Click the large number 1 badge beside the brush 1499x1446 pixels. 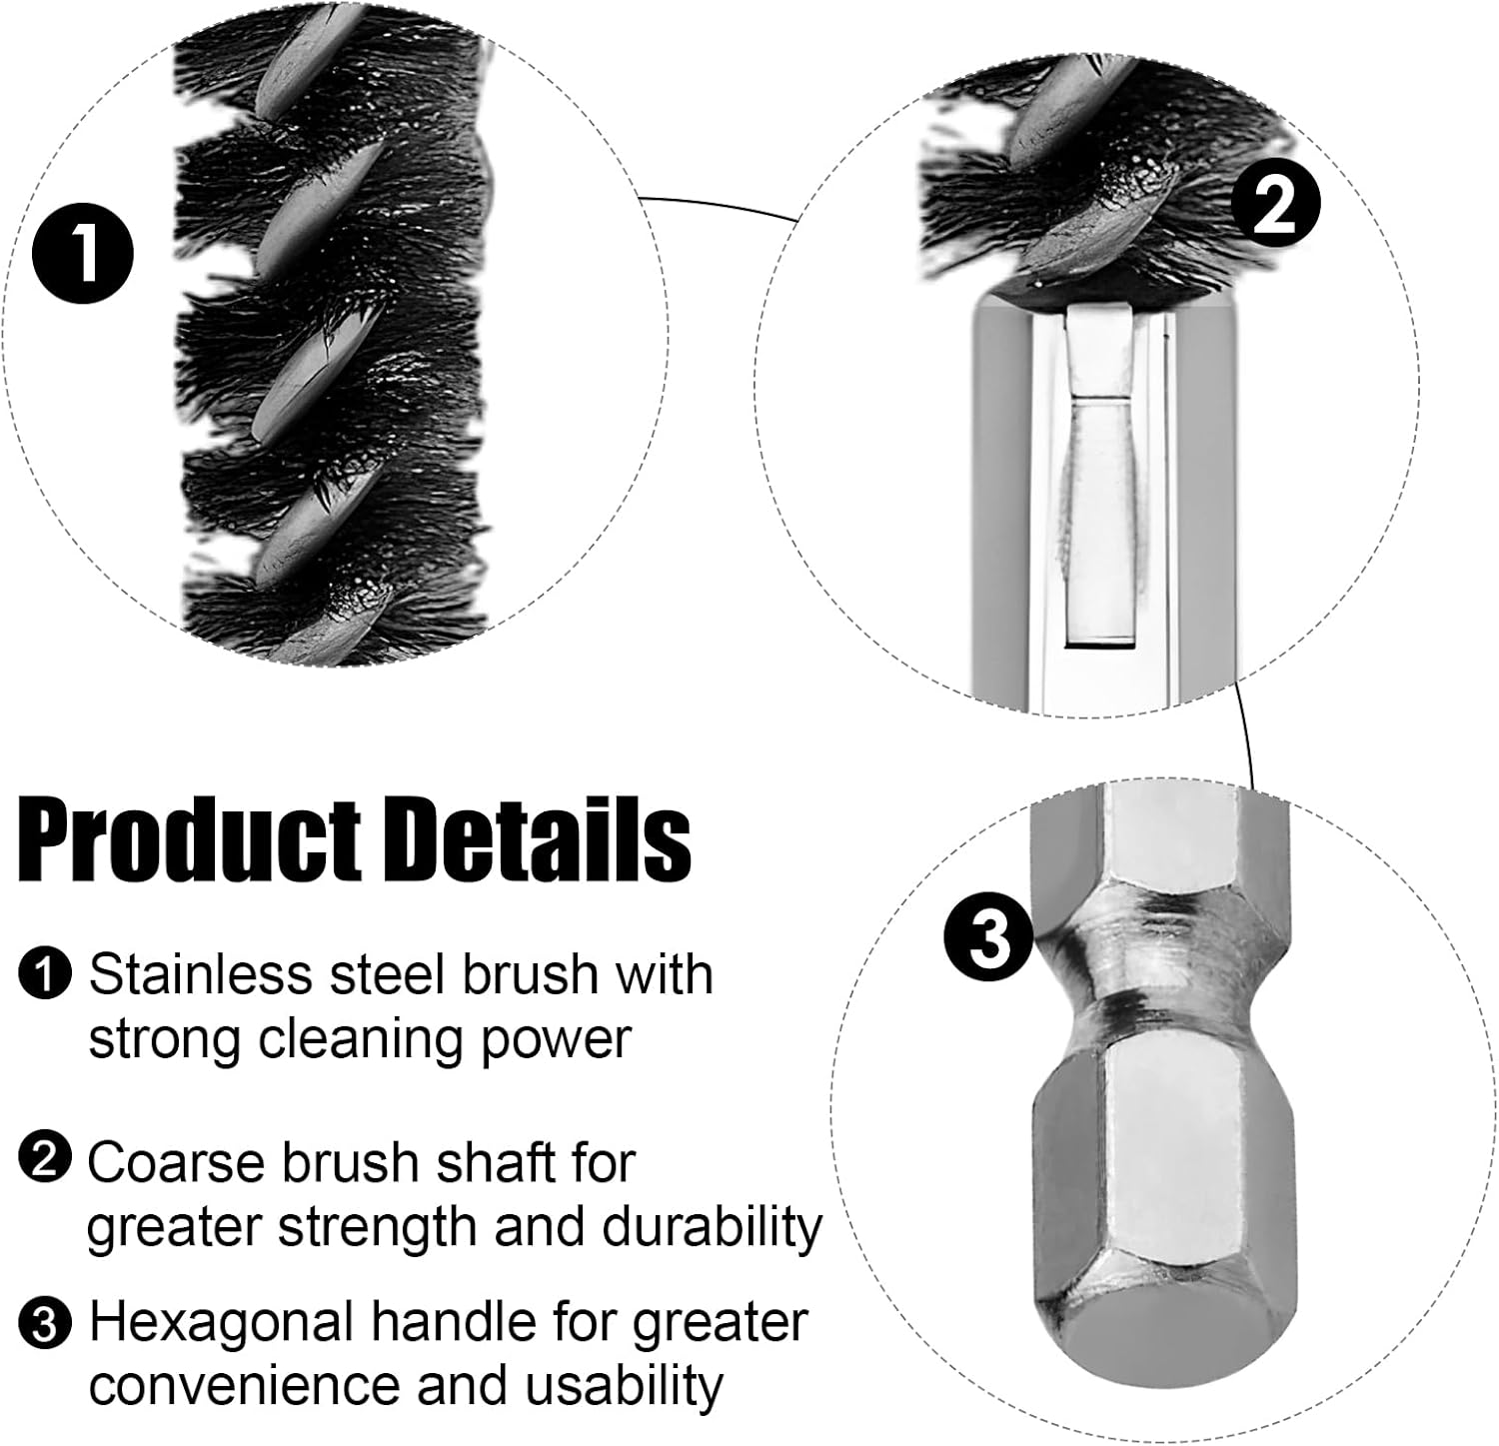tap(83, 249)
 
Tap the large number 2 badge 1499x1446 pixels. tap(1274, 204)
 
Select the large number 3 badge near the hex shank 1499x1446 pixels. tap(990, 937)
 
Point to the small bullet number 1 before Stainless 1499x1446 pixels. tap(44, 974)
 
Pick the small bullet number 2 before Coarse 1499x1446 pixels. tap(44, 1158)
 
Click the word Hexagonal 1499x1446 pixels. tap(223, 1322)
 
